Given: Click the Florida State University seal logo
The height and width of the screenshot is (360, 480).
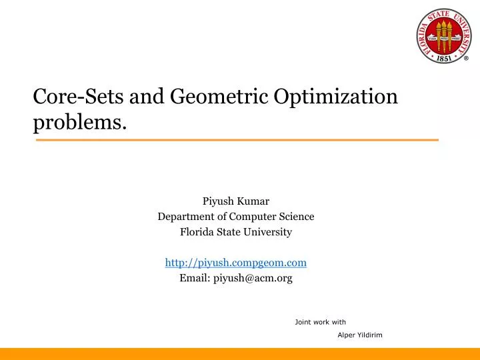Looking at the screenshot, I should click(x=443, y=36).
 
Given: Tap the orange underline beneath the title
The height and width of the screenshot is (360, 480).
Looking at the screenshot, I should click(x=236, y=140).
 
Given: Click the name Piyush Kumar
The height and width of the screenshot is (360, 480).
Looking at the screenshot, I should click(x=235, y=200).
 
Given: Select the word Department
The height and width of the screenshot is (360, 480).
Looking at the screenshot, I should click(x=185, y=216).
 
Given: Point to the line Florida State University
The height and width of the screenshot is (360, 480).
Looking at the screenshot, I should click(x=235, y=232).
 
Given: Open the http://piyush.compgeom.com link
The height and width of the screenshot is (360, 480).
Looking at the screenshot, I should click(x=235, y=263).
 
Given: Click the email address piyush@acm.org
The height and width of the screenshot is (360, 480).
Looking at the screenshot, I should click(x=253, y=279).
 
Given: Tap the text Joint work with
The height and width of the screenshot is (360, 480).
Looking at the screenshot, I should click(x=320, y=322).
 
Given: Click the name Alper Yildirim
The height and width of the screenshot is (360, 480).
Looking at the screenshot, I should click(x=360, y=335).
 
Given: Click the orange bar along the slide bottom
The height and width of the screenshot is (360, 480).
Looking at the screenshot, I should click(x=240, y=354).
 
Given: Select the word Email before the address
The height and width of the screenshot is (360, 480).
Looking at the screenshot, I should click(x=194, y=279).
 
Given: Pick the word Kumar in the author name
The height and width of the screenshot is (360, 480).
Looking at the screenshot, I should click(x=253, y=200).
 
